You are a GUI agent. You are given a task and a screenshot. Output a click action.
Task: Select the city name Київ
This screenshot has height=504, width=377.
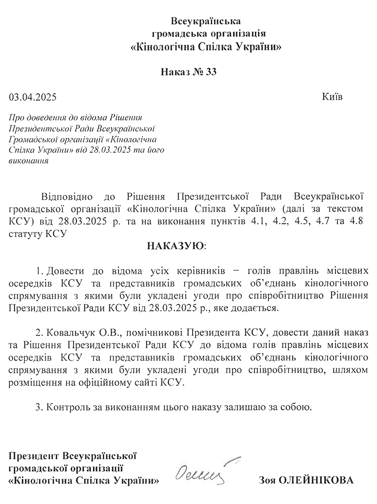click(332, 97)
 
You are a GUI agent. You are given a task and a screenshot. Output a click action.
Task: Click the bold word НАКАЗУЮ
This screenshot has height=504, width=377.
click(177, 246)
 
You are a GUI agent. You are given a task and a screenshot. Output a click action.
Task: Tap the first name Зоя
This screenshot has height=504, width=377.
click(267, 481)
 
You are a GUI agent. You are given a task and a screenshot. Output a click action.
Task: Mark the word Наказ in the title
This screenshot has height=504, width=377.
click(176, 72)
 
